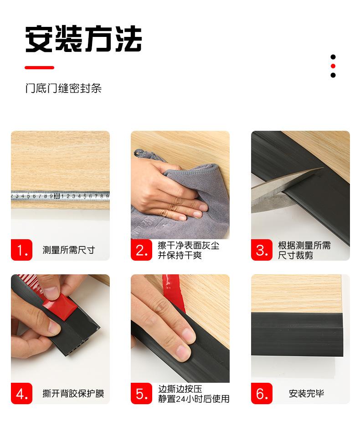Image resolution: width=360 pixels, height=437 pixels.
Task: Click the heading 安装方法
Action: (x=83, y=39)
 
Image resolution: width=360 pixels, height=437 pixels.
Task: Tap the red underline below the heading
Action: (x=39, y=67)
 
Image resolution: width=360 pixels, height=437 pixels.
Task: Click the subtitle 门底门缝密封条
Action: (x=63, y=88)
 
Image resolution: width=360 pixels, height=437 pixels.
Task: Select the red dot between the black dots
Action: (x=333, y=66)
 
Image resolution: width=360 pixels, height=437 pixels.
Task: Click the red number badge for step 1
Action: (x=22, y=250)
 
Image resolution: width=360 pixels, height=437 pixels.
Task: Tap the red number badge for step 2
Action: (x=142, y=250)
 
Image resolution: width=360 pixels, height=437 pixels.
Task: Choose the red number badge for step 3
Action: (x=262, y=250)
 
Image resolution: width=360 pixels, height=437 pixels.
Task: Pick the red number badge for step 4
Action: (x=22, y=393)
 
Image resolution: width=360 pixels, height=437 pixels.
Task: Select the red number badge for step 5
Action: (x=142, y=393)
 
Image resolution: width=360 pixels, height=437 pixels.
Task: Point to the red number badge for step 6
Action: (x=262, y=393)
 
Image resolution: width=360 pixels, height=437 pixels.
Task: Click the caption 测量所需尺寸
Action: (x=68, y=250)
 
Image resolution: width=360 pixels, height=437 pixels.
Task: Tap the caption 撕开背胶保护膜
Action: (x=73, y=394)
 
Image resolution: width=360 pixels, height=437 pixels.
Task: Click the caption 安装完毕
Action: (x=306, y=394)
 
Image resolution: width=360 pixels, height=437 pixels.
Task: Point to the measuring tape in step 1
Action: (x=60, y=196)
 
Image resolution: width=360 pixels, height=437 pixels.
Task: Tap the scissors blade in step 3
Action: (x=278, y=190)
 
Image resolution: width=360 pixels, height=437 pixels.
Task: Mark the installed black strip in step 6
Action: (x=297, y=334)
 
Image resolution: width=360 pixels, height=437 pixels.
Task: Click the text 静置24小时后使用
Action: (x=194, y=399)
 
